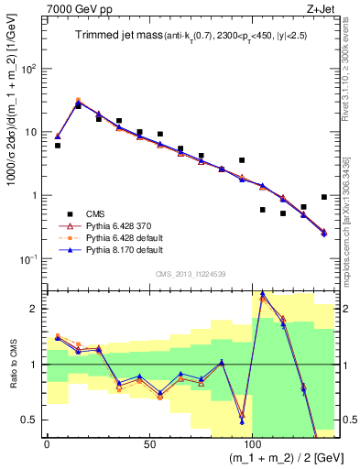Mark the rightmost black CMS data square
(x=324, y=197)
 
